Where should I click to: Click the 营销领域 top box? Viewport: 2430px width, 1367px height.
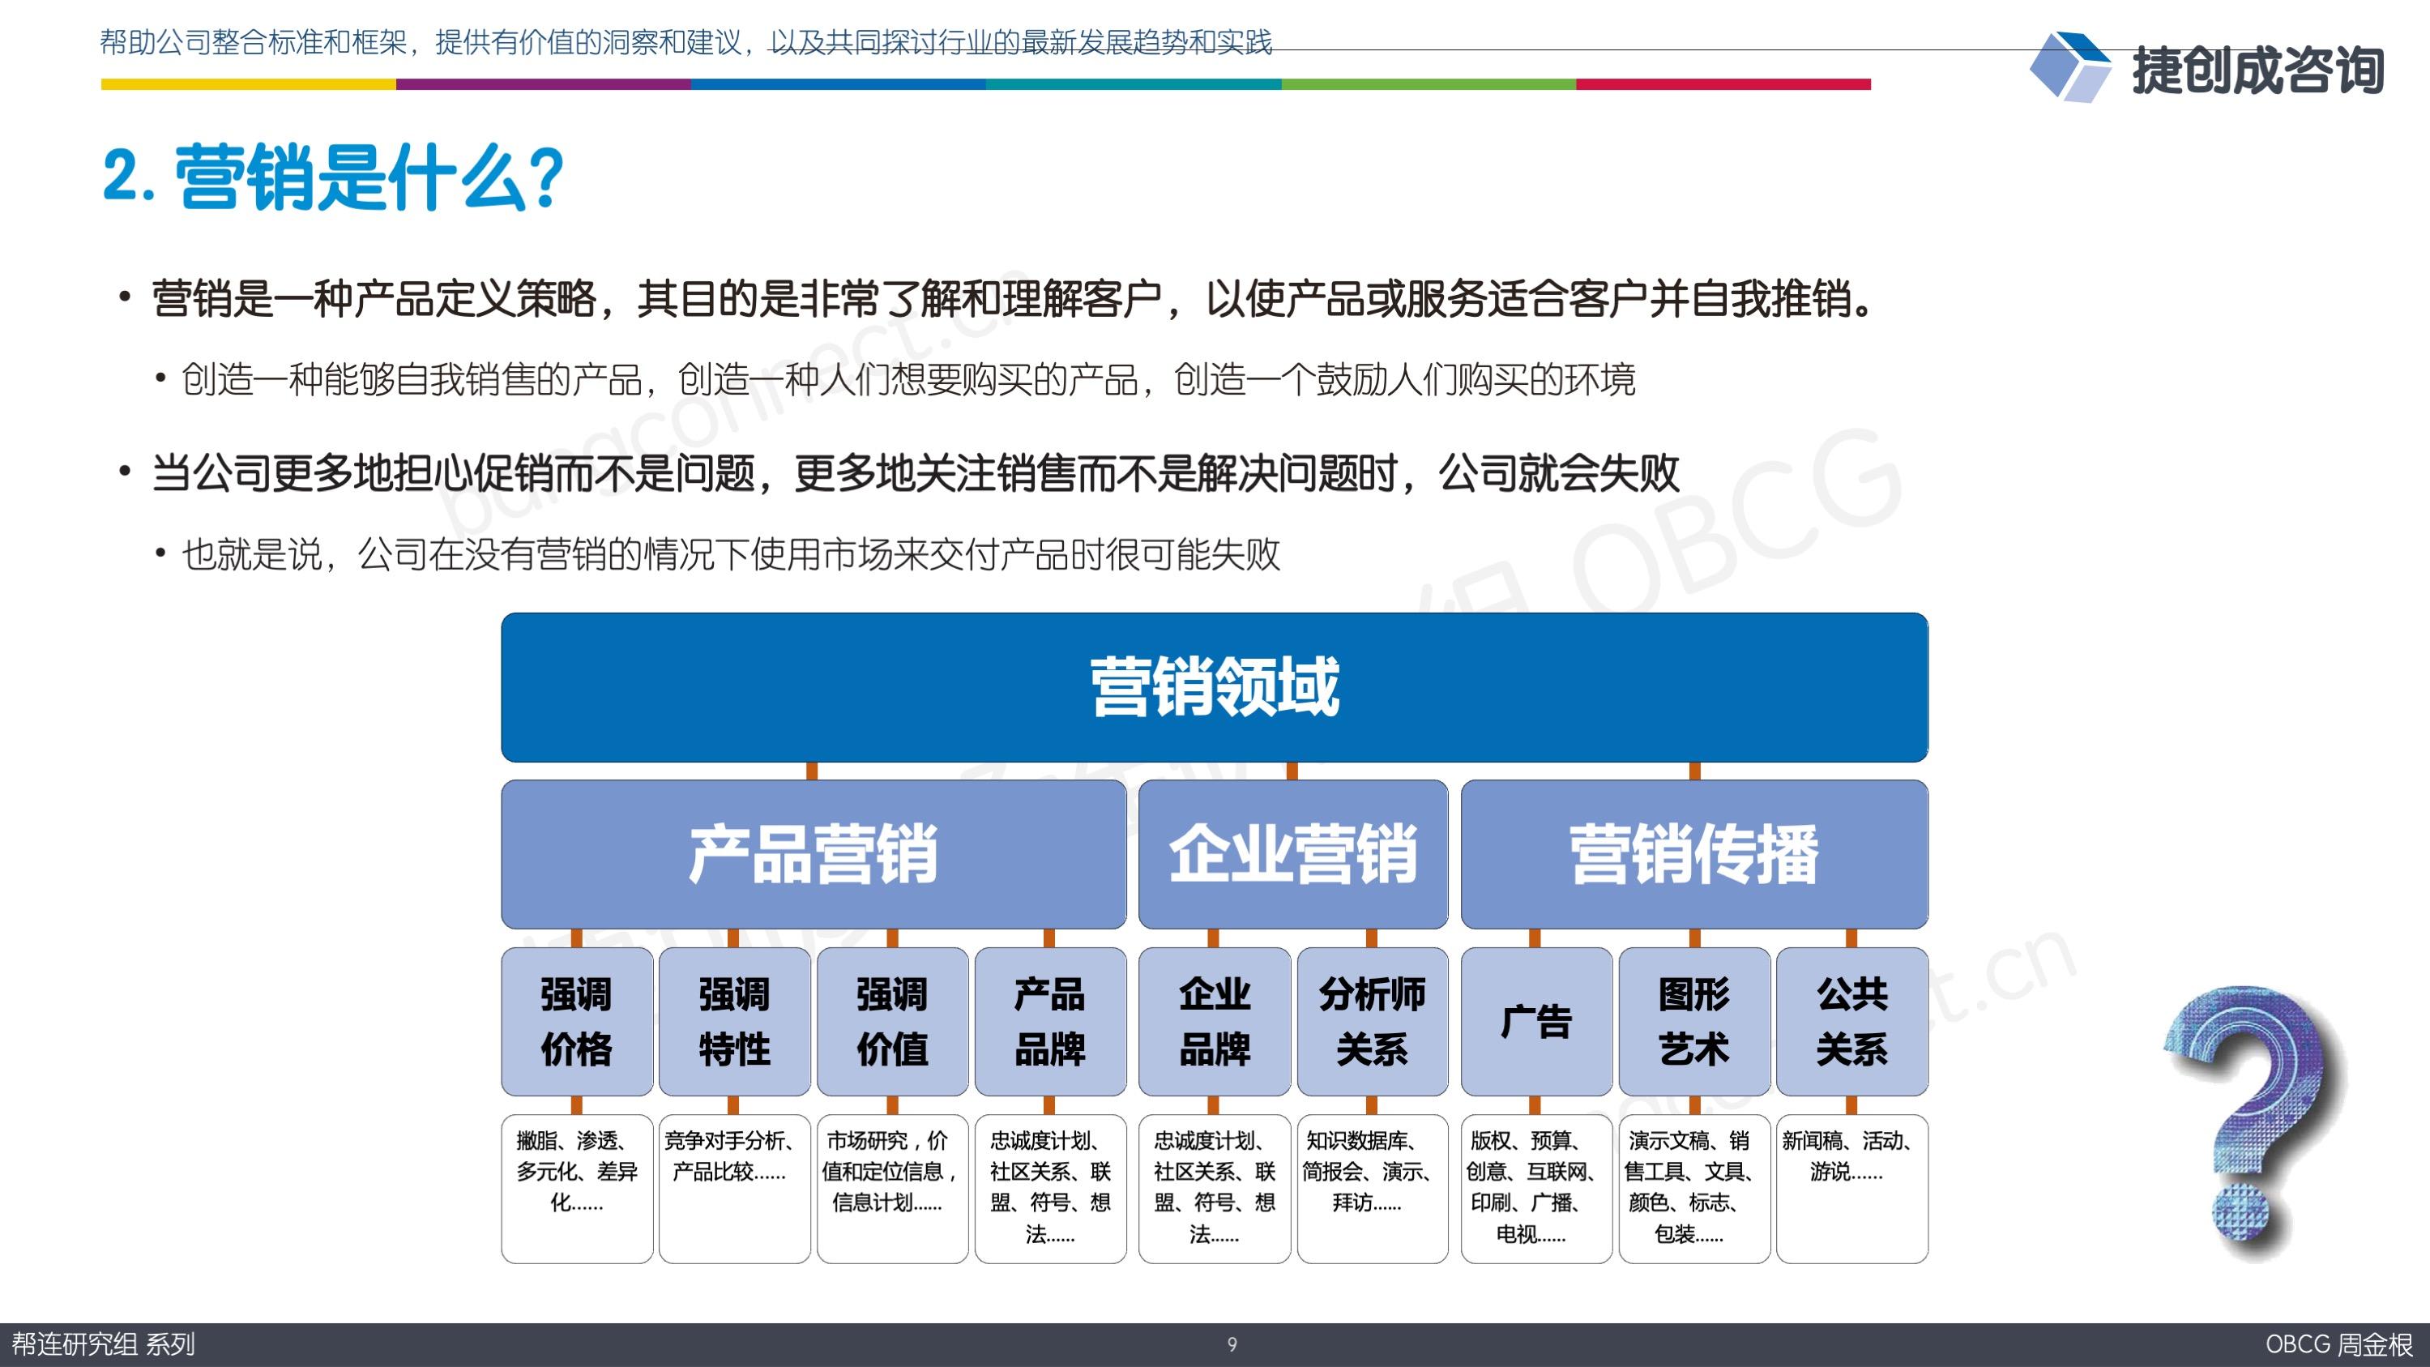tap(1214, 687)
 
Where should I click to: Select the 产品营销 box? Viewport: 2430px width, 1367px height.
tap(814, 854)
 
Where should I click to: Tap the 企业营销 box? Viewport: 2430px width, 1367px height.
tap(1292, 854)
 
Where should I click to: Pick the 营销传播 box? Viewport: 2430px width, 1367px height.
tap(1694, 854)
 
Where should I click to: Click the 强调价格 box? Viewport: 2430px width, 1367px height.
tap(576, 1022)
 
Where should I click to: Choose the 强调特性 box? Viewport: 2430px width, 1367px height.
tap(734, 1022)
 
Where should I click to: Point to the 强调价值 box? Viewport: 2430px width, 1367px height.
tap(892, 1022)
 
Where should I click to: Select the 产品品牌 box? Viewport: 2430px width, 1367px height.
tap(1050, 1022)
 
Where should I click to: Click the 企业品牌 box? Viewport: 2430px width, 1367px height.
tap(1214, 1022)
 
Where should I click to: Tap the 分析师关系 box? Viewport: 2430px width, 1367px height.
tap(1373, 1022)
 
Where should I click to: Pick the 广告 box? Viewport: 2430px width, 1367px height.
tap(1536, 1022)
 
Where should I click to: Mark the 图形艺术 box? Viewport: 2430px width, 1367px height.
tap(1694, 1022)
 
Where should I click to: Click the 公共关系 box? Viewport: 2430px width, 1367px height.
tap(1851, 1022)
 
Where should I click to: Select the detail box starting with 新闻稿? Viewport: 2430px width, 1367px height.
tap(1851, 1189)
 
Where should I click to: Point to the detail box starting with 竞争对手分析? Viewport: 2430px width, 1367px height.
tap(734, 1189)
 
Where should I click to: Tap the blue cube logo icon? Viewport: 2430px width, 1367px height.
tap(2069, 66)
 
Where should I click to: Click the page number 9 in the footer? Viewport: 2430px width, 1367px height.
tap(1231, 1344)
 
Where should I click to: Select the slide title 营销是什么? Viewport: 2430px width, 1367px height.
tap(333, 177)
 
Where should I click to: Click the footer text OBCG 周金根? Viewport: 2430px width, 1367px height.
tap(2339, 1344)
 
